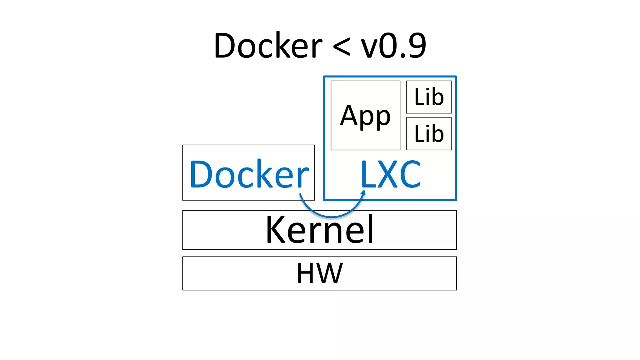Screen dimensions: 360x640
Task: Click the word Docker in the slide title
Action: click(x=268, y=46)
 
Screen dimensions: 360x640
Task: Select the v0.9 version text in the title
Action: click(x=393, y=46)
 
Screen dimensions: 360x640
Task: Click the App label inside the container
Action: click(x=365, y=116)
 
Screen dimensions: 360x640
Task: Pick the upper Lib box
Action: click(x=429, y=97)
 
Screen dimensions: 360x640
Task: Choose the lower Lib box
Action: click(x=429, y=134)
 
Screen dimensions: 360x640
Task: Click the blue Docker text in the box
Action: click(x=249, y=174)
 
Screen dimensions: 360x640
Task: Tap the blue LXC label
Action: click(x=391, y=174)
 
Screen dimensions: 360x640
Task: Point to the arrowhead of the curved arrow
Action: click(x=363, y=192)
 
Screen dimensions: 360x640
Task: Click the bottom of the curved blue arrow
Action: click(x=331, y=216)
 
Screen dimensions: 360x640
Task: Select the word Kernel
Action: click(x=319, y=230)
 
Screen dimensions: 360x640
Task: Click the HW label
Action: click(x=319, y=273)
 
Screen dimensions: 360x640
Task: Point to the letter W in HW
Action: click(x=331, y=273)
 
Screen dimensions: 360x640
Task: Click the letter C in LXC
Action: click(x=410, y=174)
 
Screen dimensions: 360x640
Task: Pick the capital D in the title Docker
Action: click(x=225, y=46)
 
